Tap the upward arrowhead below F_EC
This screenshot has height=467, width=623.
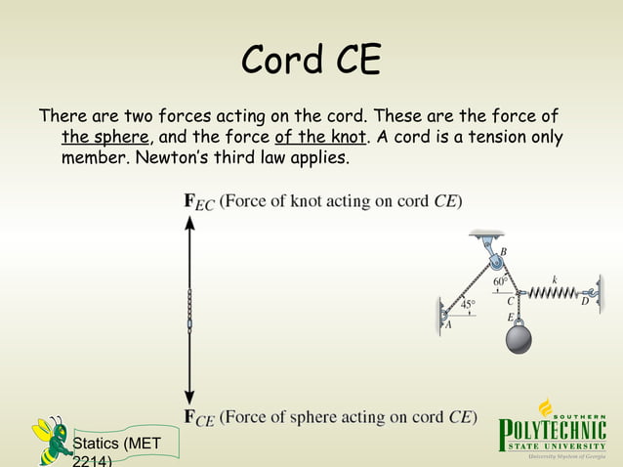[190, 224]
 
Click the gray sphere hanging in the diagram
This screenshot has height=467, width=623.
[519, 343]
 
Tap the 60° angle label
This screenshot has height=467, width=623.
[501, 281]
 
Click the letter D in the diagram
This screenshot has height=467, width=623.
[585, 303]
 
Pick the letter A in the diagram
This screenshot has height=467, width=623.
[448, 326]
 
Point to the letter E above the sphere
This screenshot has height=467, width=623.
[510, 317]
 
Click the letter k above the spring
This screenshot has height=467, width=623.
[555, 278]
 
